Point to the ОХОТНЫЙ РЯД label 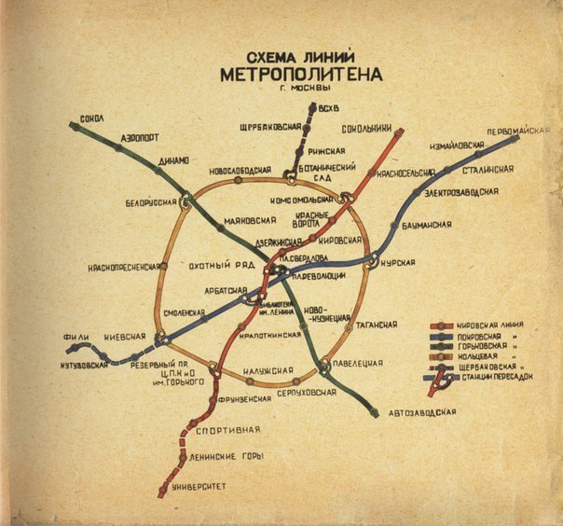tap(222, 265)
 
